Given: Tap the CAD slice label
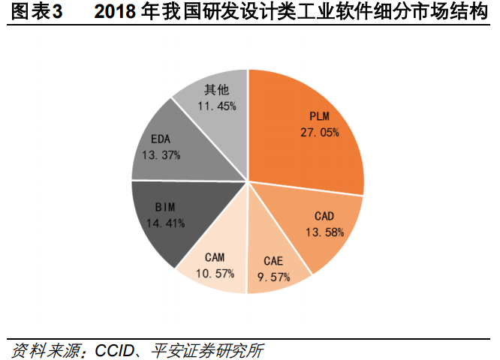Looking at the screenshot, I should [x=324, y=217].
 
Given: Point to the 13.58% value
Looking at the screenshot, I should [x=324, y=232].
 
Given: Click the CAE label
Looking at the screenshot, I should [x=273, y=261].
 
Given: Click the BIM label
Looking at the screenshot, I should [x=166, y=208].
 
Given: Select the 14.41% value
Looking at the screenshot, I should [x=166, y=223].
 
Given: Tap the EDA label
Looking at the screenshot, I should [x=161, y=139].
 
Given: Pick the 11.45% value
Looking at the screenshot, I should [x=216, y=106].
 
